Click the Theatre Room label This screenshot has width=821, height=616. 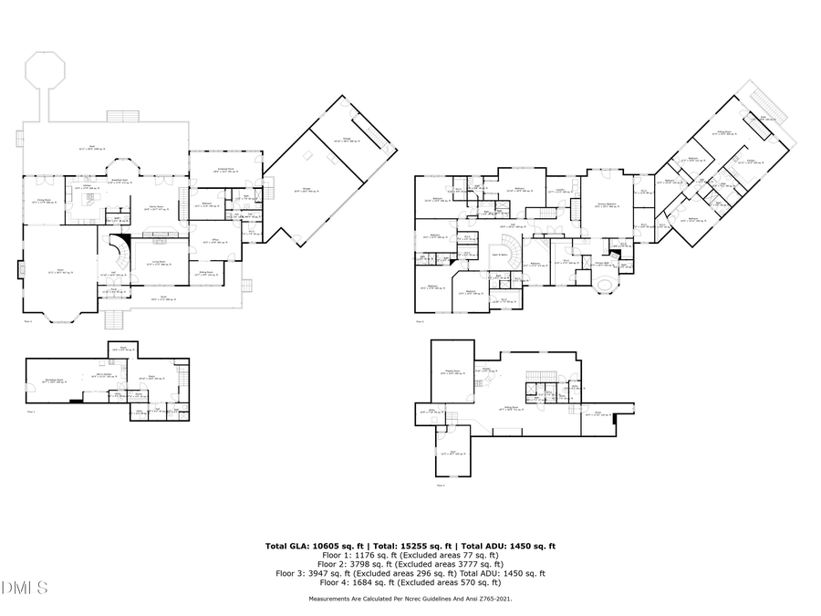[x=452, y=371]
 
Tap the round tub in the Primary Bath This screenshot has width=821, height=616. [x=604, y=286]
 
